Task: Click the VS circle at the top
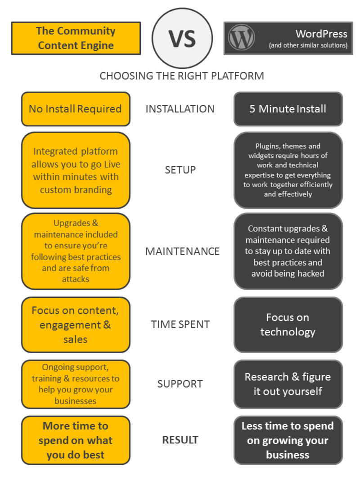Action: (x=182, y=38)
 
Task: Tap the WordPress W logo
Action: (x=241, y=37)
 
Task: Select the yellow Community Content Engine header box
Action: (x=76, y=38)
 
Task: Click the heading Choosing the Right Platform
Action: (x=182, y=76)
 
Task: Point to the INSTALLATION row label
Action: (x=180, y=109)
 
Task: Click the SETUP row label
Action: (x=180, y=170)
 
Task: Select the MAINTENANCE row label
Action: (x=182, y=251)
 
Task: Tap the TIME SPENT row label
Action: (x=180, y=324)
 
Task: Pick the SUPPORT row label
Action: (x=180, y=384)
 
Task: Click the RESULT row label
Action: (x=180, y=440)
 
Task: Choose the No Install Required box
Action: (x=76, y=109)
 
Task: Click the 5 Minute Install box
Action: (x=288, y=109)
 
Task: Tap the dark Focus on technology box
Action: (x=288, y=324)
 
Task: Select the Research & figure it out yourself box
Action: (x=288, y=384)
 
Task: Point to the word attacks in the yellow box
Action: (x=76, y=279)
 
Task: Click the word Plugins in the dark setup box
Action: (x=268, y=146)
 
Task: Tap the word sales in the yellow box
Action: (x=75, y=340)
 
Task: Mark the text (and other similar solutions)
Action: (x=308, y=45)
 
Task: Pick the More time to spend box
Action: (x=76, y=440)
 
